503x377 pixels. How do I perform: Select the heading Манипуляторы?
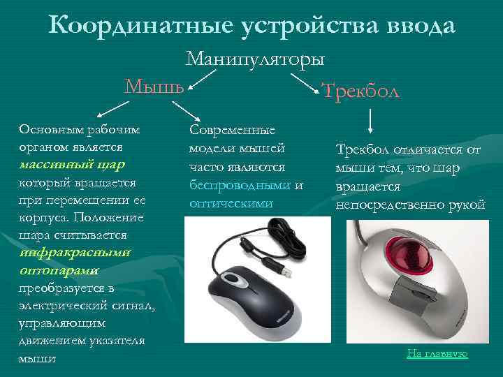coord(255,59)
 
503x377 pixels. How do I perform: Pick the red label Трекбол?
coord(360,90)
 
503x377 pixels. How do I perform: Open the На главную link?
coord(437,354)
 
